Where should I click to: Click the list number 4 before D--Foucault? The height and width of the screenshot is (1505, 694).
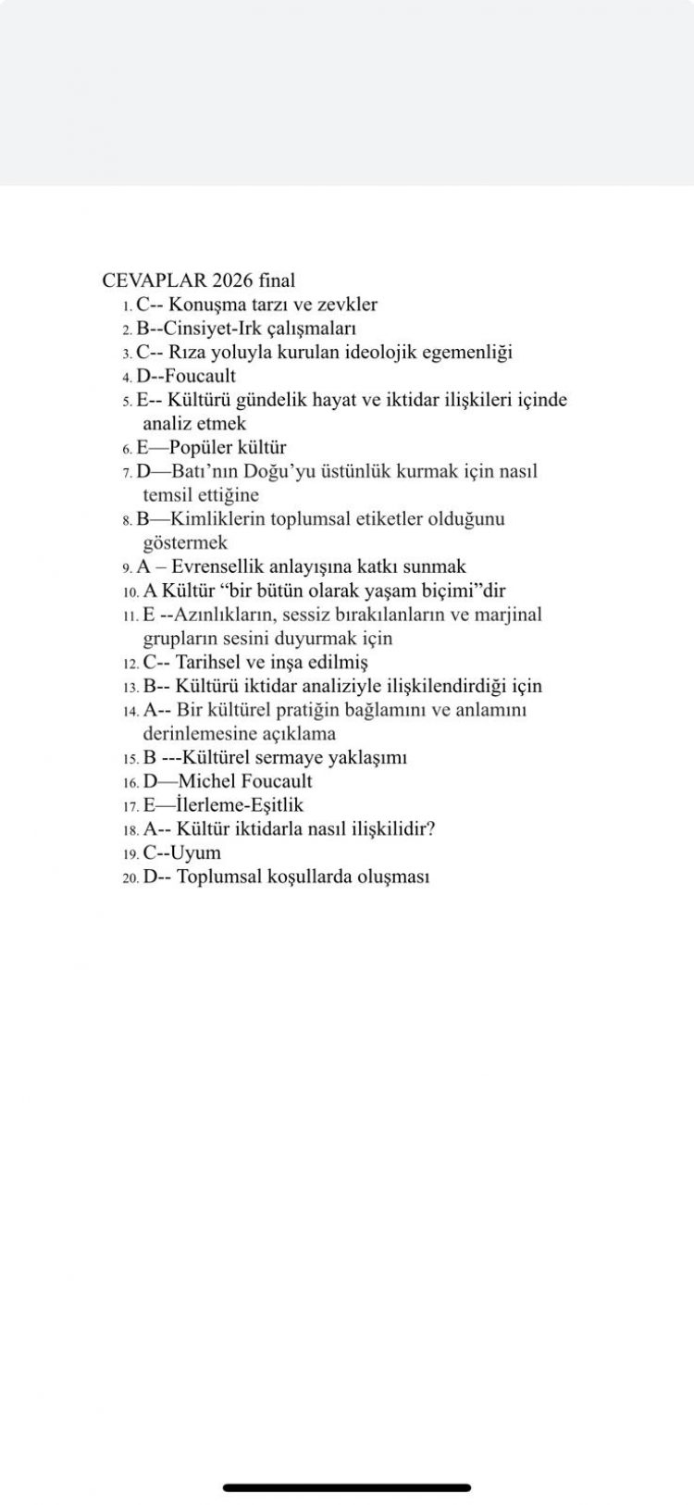(x=126, y=378)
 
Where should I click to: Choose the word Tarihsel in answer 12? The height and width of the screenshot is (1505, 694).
(x=208, y=663)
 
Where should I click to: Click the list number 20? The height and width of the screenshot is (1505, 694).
(x=130, y=877)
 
